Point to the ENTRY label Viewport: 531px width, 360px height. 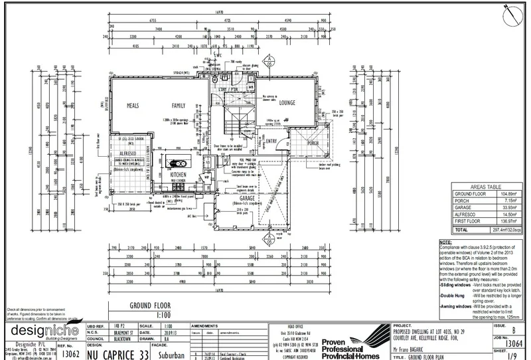tap(271, 141)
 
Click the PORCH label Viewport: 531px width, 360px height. tap(313, 142)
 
